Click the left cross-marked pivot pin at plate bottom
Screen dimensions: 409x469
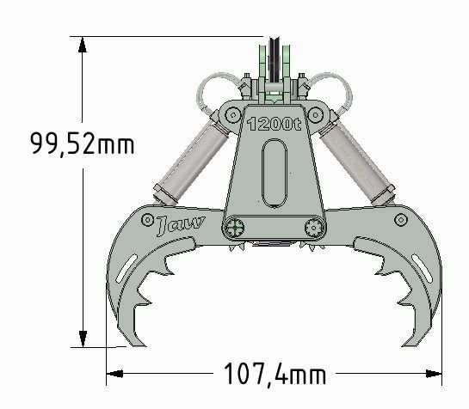point(234,228)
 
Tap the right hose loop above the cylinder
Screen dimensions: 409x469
point(329,89)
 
